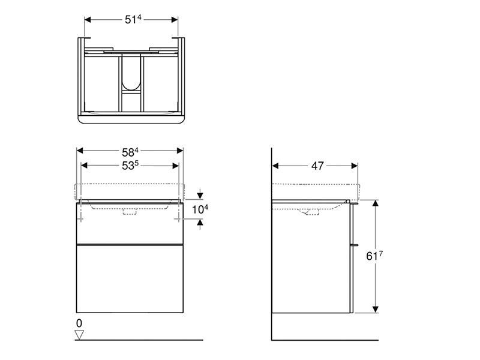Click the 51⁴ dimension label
[133, 20]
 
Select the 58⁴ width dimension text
[130, 152]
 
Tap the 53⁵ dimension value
[130, 166]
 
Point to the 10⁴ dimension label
[200, 209]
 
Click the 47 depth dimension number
[317, 166]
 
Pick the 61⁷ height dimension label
[374, 256]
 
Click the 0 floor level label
[79, 323]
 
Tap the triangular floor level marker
[79, 335]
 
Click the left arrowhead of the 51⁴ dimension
[88, 20]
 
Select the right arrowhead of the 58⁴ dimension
[179, 151]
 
